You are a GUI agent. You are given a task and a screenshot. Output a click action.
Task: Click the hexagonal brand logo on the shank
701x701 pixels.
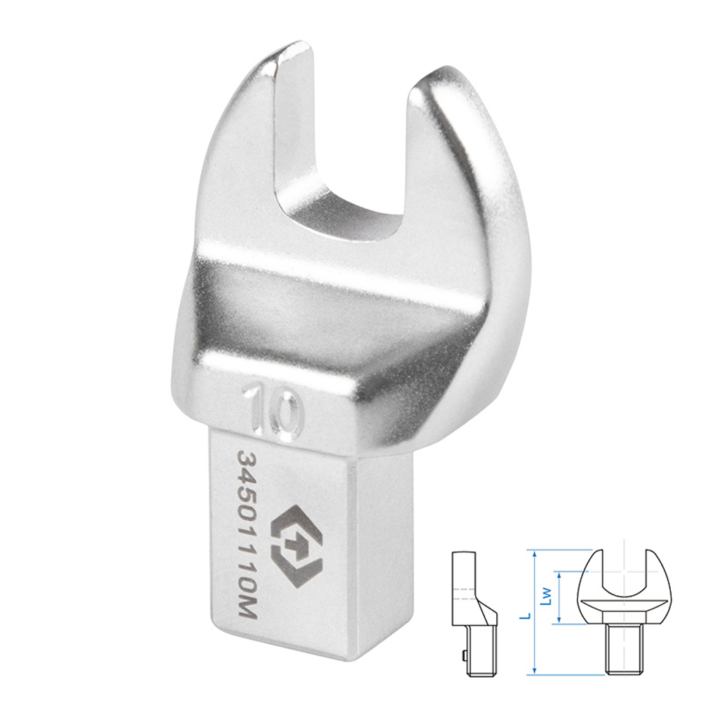click(x=297, y=546)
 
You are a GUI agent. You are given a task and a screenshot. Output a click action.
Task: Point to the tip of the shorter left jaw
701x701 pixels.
click(x=293, y=47)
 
